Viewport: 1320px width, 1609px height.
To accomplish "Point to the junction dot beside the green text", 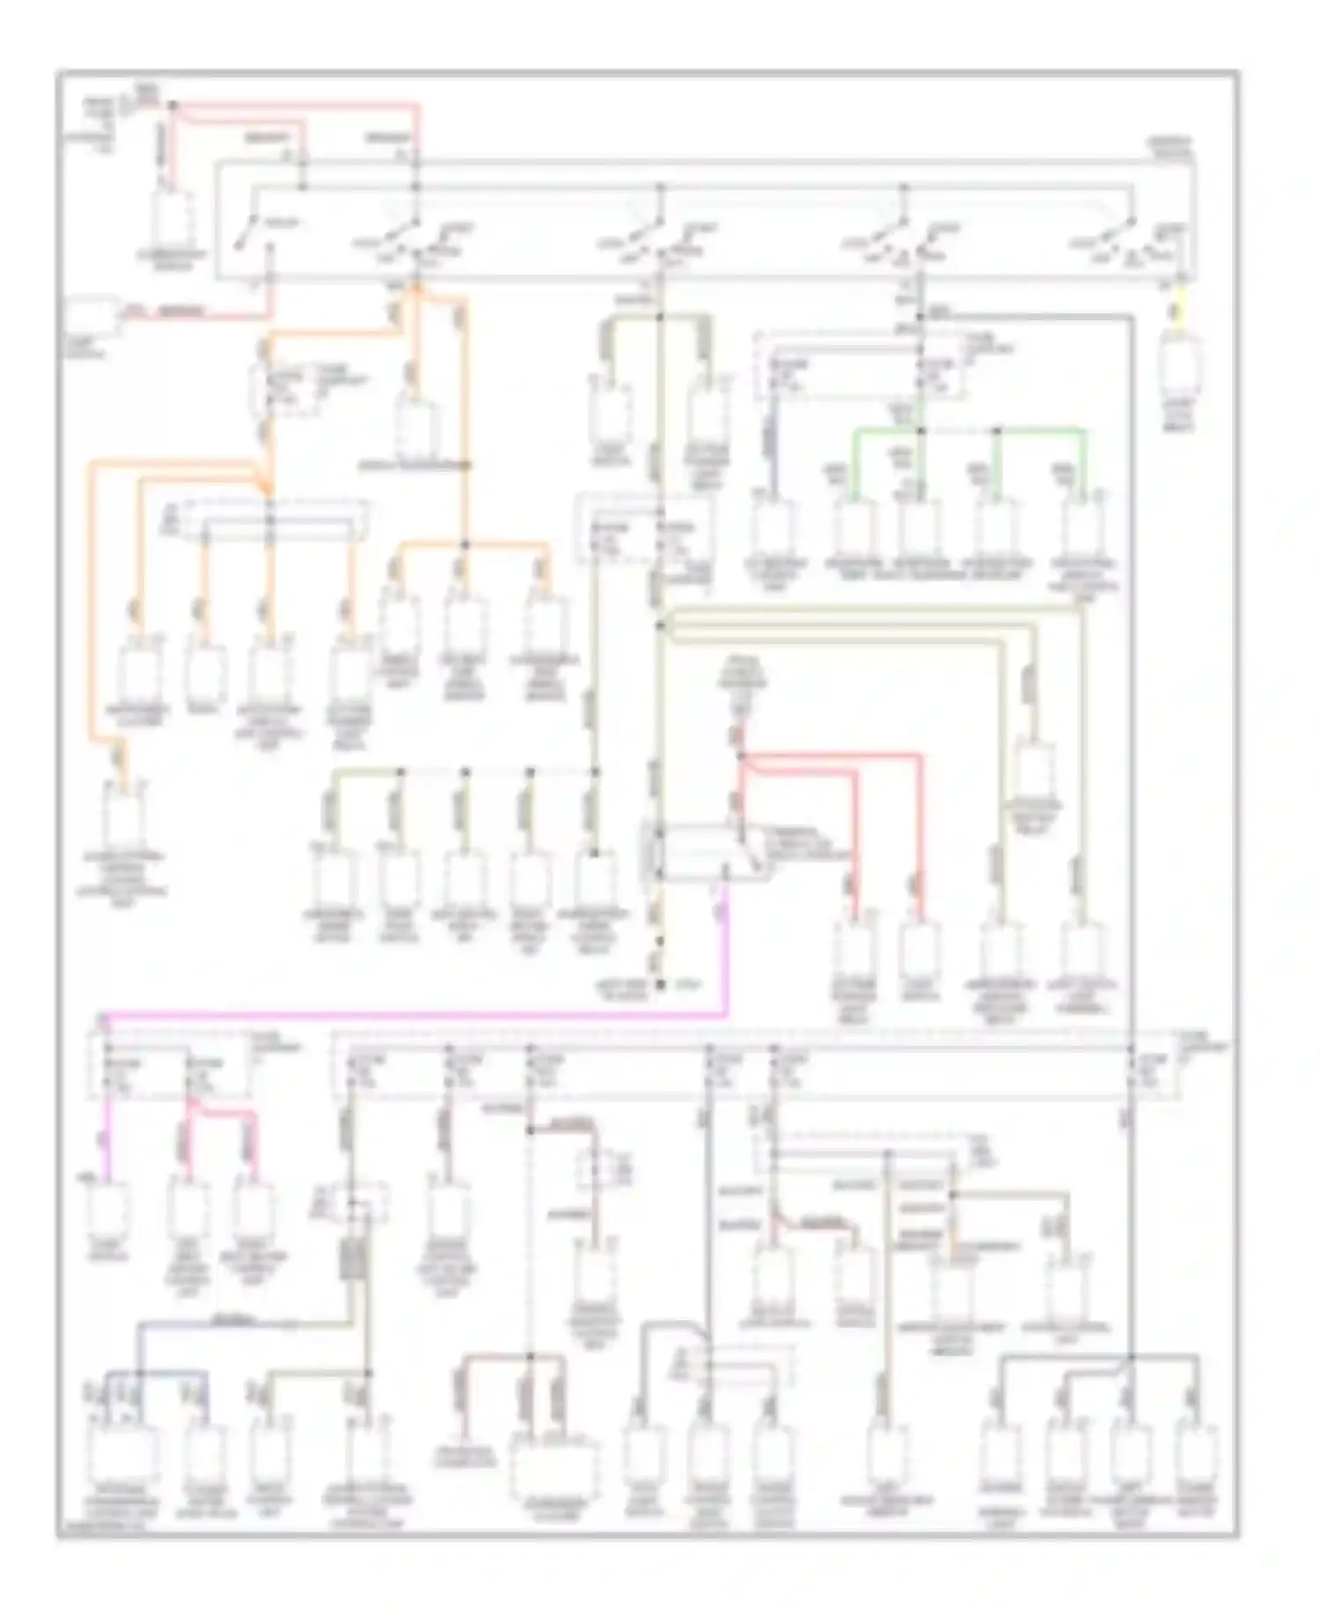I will [660, 985].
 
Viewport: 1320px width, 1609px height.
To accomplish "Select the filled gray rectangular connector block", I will [351, 1260].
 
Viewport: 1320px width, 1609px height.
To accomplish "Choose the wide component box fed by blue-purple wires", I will [121, 1458].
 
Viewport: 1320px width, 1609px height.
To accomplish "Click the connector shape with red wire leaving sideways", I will [94, 314].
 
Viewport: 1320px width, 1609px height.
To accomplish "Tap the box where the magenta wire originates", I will [704, 852].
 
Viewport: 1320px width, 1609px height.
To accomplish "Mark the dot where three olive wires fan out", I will [660, 626].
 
